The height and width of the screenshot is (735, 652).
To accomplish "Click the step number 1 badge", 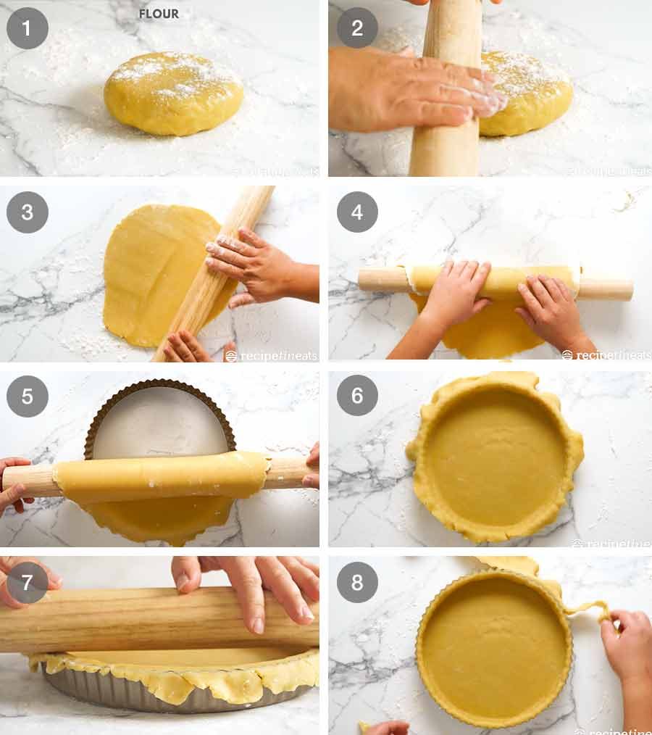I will click(28, 28).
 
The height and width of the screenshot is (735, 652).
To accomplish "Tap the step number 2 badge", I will click(357, 28).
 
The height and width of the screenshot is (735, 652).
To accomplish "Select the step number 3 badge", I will click(28, 212).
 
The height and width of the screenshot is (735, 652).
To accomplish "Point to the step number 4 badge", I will click(357, 212).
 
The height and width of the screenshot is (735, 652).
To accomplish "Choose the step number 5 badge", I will click(28, 396).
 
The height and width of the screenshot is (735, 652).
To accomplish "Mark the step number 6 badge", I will click(357, 396).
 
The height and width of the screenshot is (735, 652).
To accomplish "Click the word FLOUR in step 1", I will click(159, 14).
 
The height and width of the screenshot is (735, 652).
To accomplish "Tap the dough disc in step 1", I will click(173, 94).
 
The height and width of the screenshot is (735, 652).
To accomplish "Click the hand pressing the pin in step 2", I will click(406, 91).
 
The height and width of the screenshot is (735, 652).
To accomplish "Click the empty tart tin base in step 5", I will click(159, 428).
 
